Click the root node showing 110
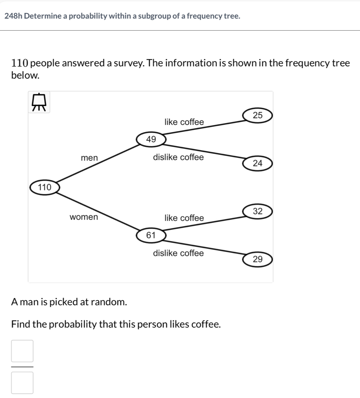[x=45, y=187]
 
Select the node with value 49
[x=151, y=139]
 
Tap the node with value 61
[x=151, y=235]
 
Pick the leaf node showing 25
[x=257, y=115]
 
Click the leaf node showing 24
[x=257, y=163]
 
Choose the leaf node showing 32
[x=257, y=211]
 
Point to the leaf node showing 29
[x=257, y=259]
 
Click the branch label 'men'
[x=89, y=158]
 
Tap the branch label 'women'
[x=84, y=217]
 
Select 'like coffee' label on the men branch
[x=184, y=122]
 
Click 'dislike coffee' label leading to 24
[x=178, y=157]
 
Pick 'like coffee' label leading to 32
[x=184, y=218]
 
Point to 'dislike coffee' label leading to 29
[x=178, y=253]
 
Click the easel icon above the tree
[x=39, y=102]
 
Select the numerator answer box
[x=22, y=351]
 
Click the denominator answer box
[x=22, y=383]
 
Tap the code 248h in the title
[x=13, y=16]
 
